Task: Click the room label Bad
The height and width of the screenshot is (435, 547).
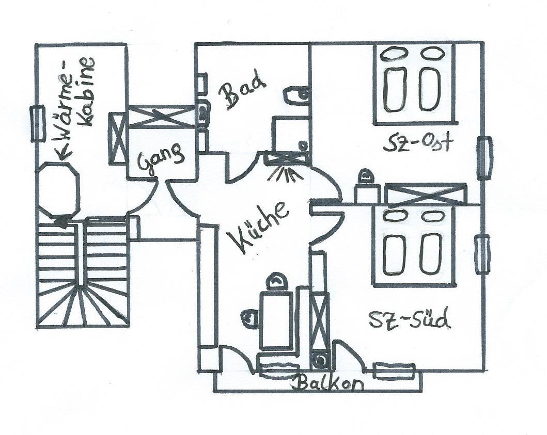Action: point(241,92)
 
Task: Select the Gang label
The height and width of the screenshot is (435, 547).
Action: point(161,157)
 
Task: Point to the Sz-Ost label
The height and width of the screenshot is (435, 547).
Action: point(417,142)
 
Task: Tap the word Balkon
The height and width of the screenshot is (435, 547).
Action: point(329,383)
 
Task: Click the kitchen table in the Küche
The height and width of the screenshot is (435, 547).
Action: point(277,320)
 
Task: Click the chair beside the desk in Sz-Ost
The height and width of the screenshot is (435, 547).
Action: point(367,178)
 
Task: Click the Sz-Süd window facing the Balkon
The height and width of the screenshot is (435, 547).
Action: point(394,370)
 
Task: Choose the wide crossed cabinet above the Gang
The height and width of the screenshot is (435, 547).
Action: point(161,116)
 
